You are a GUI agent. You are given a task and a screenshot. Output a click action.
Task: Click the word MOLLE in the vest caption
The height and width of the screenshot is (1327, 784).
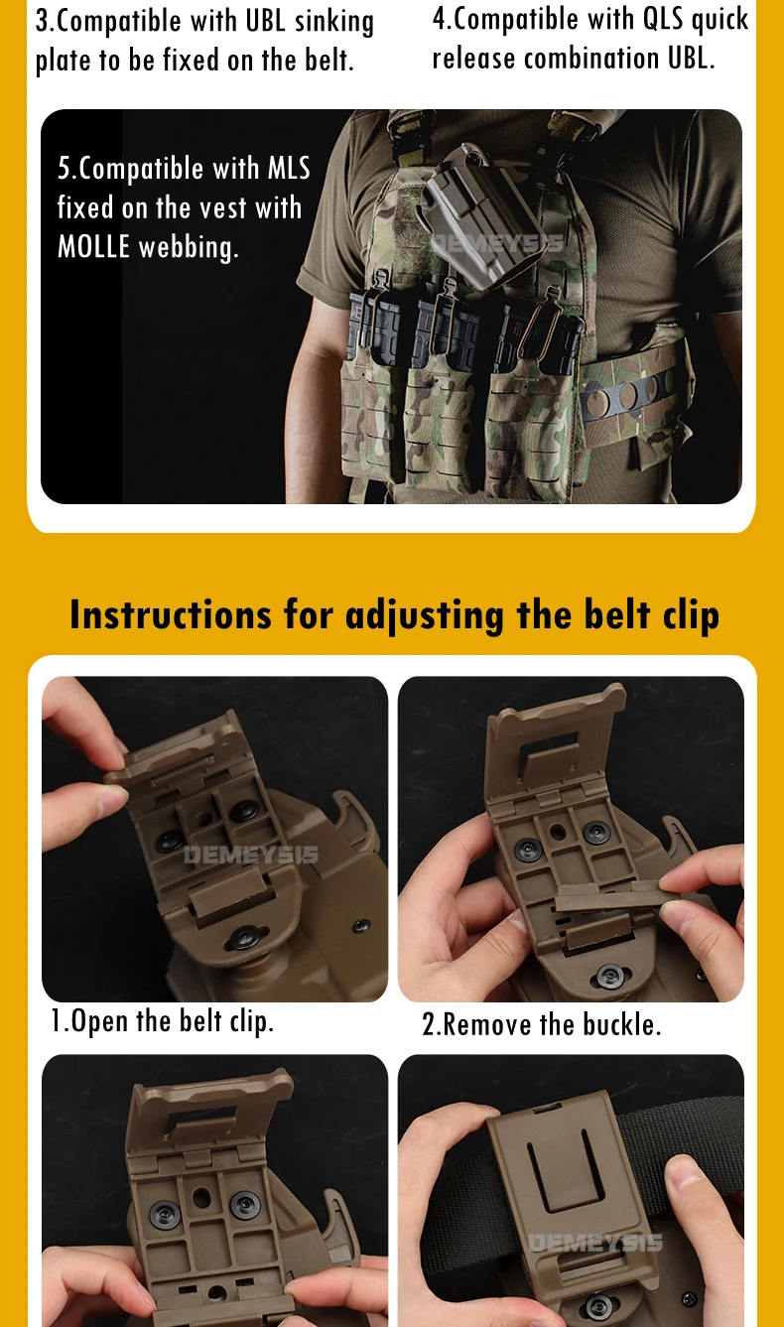click(x=93, y=246)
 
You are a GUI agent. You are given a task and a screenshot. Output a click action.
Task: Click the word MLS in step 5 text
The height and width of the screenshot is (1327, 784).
click(x=289, y=169)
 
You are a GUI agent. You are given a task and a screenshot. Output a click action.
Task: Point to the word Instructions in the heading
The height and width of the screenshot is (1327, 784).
click(x=171, y=614)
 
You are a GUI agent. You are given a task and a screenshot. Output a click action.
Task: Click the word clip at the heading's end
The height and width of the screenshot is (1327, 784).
click(x=691, y=616)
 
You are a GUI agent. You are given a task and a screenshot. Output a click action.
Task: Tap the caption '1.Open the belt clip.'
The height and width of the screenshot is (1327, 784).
click(x=162, y=1020)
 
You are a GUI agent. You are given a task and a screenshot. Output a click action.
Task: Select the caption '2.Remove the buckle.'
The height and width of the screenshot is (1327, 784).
click(x=541, y=1024)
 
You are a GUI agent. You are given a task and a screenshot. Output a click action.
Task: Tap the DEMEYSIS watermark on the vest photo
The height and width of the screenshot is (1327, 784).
click(x=496, y=243)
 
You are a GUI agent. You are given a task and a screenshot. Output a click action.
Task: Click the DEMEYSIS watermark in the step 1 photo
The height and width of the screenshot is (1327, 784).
click(x=250, y=855)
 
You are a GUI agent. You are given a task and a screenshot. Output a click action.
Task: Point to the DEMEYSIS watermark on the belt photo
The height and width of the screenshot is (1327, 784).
click(x=594, y=1243)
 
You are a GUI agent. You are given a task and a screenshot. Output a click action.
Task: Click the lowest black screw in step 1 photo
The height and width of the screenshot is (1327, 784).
click(x=244, y=937)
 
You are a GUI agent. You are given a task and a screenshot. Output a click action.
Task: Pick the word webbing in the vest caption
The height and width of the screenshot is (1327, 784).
click(x=189, y=247)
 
